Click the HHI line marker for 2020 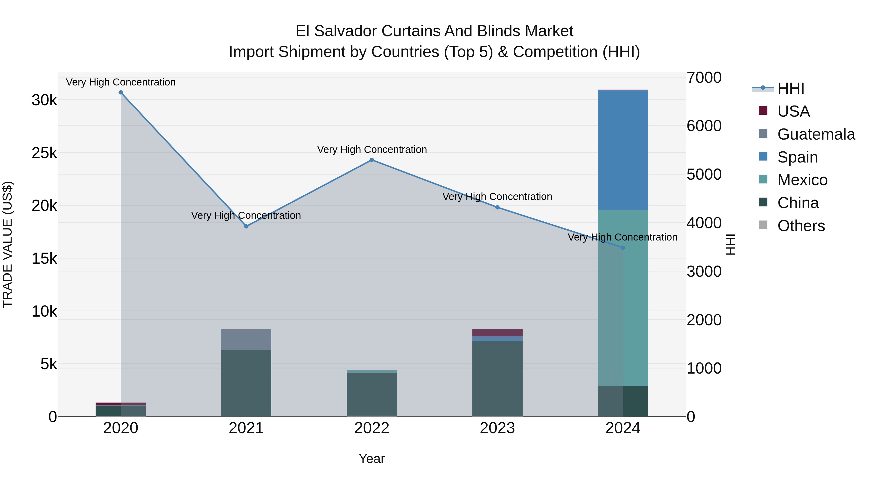(x=121, y=92)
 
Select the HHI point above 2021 (x=246, y=227)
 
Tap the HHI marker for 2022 (x=372, y=160)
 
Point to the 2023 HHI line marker (x=497, y=207)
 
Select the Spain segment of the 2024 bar (x=623, y=150)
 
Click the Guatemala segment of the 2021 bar (x=246, y=340)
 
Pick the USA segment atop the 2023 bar (x=497, y=333)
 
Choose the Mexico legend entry (x=802, y=180)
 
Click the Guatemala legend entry (x=816, y=134)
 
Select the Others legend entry (x=801, y=226)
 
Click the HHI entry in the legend (x=790, y=88)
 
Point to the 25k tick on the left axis (x=44, y=153)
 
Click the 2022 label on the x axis (x=372, y=428)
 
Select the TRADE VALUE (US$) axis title (x=7, y=244)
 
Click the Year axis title (x=372, y=459)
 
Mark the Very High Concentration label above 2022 (x=372, y=149)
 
